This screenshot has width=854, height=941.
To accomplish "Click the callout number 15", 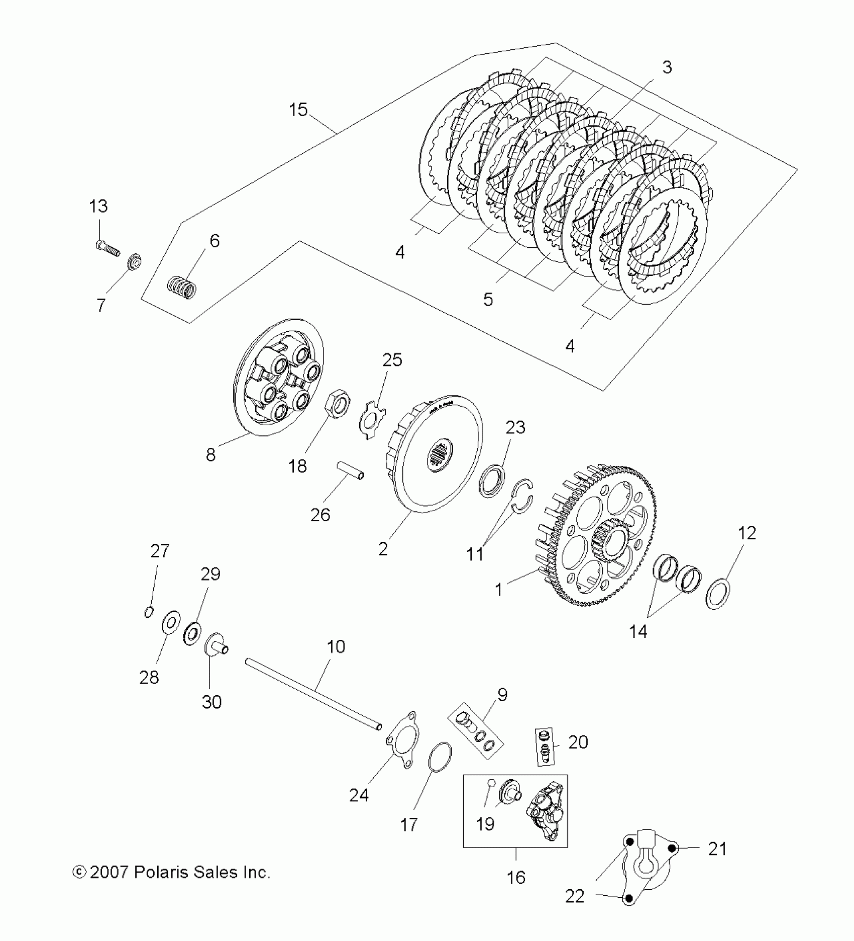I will [298, 110].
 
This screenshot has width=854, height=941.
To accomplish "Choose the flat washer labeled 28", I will [170, 623].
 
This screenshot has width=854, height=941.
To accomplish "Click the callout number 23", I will [515, 427].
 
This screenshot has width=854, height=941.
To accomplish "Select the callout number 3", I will [667, 67].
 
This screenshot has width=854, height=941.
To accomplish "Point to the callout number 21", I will [717, 849].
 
